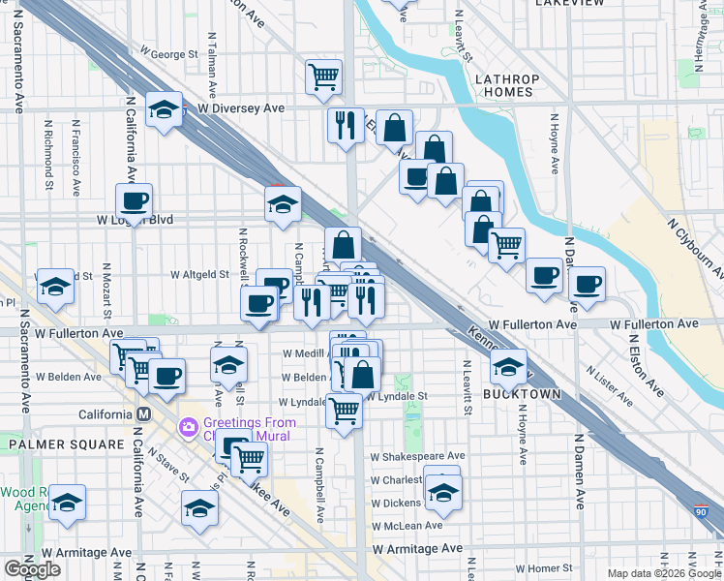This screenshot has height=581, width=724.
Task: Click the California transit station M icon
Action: tap(143, 413)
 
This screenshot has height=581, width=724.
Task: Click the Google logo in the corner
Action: tap(32, 568)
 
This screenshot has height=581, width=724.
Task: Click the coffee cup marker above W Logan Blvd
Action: tap(135, 200)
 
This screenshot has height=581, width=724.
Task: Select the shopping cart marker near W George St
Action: tap(324, 76)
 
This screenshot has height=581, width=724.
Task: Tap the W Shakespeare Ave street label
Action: tap(416, 455)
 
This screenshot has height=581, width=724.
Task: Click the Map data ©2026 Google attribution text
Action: tap(665, 572)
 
